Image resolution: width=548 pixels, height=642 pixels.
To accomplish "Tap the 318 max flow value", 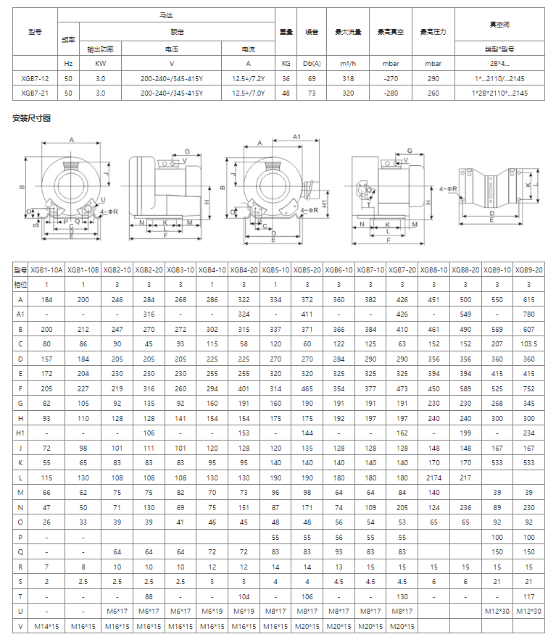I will pos(348,78).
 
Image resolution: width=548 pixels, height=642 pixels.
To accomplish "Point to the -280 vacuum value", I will pos(391,93).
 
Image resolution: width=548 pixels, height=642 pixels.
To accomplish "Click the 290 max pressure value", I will pos(433,78).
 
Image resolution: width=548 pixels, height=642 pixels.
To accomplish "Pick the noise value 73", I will pos(312,93).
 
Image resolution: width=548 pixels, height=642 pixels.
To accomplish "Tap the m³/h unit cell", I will pos(348,63).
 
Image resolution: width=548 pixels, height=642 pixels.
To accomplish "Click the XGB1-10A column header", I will pos(47,269).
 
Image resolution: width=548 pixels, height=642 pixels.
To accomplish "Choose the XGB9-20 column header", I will pos(529,269).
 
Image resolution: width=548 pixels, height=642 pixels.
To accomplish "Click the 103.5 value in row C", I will pos(529,343).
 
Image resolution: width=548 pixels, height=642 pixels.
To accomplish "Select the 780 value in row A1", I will pos(529,314).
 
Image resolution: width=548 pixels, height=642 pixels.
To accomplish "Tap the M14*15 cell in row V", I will pos(47,625).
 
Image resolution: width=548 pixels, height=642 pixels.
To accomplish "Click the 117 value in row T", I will pos(529,596).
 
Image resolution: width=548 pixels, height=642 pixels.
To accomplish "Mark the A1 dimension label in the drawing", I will pos(296,136).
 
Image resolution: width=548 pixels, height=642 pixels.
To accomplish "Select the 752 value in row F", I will pos(529,388).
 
